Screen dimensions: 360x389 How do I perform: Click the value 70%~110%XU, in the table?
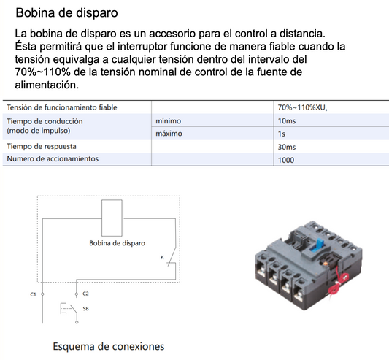click(303, 108)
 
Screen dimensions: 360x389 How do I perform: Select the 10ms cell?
click(286, 120)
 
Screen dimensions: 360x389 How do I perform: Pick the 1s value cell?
click(281, 134)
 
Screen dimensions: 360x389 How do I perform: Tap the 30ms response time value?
click(286, 147)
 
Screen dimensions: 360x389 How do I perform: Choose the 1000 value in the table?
click(285, 160)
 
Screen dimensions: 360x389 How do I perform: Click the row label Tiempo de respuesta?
click(44, 147)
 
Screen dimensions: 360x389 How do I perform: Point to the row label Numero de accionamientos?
click(53, 158)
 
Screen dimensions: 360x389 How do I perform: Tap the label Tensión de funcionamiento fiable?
click(62, 108)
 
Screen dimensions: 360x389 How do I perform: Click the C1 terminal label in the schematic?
click(33, 294)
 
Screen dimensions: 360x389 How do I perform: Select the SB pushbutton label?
click(85, 310)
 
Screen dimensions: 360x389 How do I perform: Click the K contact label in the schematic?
click(161, 257)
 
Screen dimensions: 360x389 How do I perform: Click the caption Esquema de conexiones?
click(108, 345)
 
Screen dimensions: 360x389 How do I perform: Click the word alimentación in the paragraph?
click(46, 85)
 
